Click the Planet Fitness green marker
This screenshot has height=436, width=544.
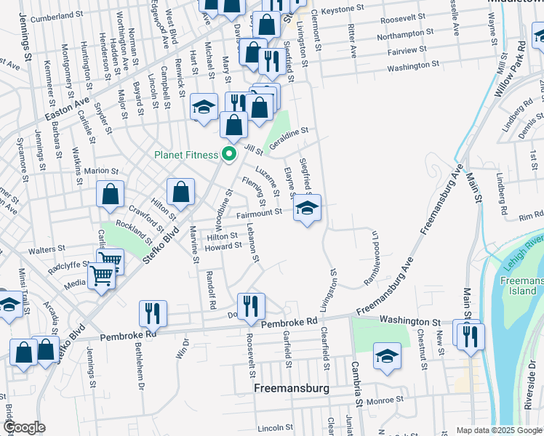point(230,154)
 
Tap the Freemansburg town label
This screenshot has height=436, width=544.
point(291,389)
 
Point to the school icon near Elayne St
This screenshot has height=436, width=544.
point(307,210)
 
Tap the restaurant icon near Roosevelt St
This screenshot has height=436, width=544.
point(251,307)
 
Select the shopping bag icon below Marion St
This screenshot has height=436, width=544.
point(111,195)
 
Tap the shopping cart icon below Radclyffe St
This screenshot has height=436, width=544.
point(101,275)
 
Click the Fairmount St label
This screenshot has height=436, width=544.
point(258,213)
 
